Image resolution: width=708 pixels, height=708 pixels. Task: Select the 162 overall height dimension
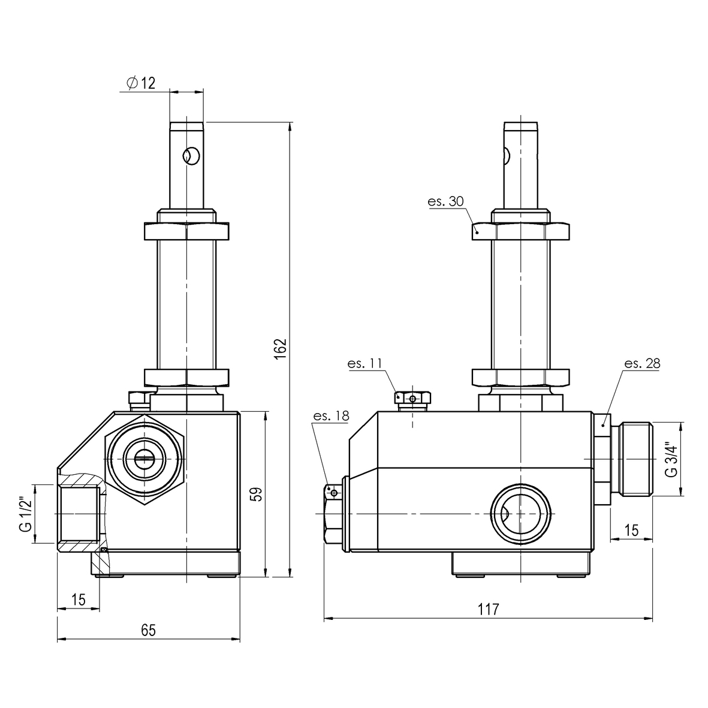point(281,350)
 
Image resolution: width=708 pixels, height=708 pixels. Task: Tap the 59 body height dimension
point(257,494)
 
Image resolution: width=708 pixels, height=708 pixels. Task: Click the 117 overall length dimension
point(489,610)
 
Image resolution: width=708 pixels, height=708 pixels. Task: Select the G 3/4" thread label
point(671,459)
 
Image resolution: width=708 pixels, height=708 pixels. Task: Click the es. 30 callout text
point(445,201)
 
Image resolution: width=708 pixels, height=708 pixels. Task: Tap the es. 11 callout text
point(364,363)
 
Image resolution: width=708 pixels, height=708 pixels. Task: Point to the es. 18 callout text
point(330,416)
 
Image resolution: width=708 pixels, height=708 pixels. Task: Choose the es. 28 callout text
point(643,363)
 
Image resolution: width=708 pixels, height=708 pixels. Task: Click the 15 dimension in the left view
point(78,599)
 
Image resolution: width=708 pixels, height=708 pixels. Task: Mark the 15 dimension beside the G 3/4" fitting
point(631,530)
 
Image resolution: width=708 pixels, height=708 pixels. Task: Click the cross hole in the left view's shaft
point(191,156)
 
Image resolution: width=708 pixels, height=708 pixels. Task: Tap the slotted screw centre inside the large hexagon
point(144,460)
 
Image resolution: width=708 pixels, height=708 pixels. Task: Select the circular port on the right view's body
point(520,514)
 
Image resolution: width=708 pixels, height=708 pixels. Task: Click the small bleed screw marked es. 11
point(411,398)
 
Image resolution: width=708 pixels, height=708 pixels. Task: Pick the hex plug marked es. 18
point(333,514)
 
